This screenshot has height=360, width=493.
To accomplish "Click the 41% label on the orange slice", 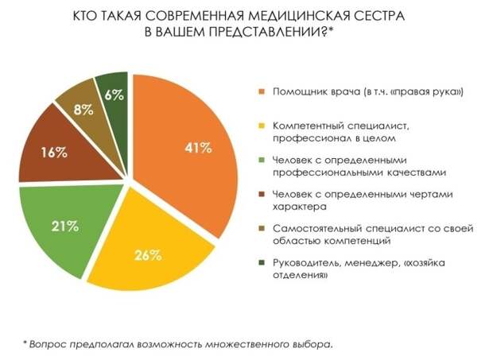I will (x=199, y=148).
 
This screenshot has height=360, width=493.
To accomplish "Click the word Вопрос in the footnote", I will (x=47, y=343).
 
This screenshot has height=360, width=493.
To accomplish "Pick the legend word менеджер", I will (x=373, y=263).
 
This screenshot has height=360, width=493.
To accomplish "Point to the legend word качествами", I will (x=387, y=171).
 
